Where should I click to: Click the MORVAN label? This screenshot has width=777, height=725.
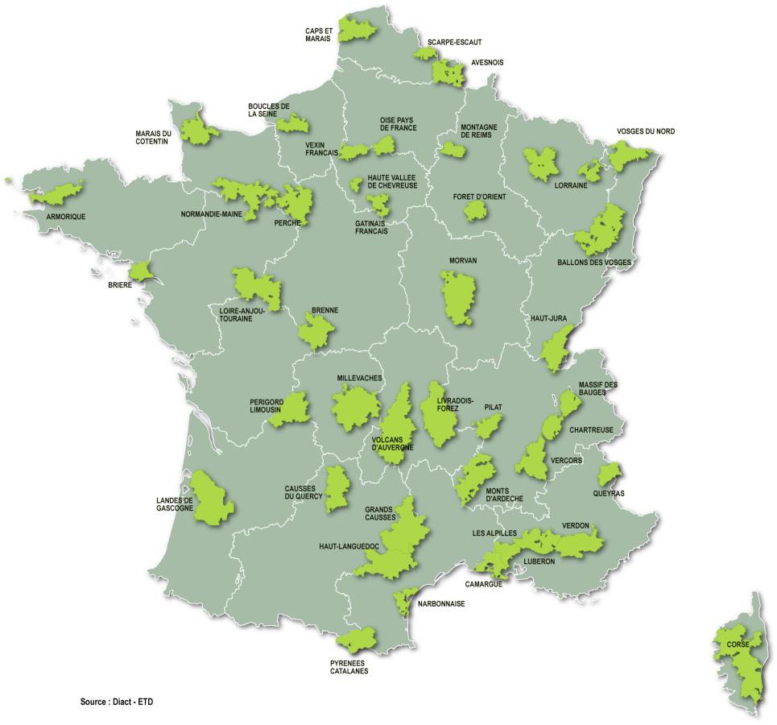[464, 260]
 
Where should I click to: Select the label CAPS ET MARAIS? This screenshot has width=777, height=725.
[320, 35]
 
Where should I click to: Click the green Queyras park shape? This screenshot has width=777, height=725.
[610, 474]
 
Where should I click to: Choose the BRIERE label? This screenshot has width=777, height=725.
[120, 284]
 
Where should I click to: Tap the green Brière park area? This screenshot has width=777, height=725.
[140, 271]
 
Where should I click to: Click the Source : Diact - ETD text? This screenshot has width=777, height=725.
[117, 702]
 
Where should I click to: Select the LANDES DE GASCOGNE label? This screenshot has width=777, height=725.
[175, 504]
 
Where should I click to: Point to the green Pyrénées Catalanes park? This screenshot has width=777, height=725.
[357, 640]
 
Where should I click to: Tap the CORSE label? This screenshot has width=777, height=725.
[738, 644]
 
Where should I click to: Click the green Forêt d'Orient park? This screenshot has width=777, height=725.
[476, 211]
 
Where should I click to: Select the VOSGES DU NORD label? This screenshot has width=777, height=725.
[646, 131]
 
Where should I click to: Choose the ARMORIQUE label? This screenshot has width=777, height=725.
[65, 217]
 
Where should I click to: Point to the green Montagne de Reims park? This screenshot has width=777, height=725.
[448, 148]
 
